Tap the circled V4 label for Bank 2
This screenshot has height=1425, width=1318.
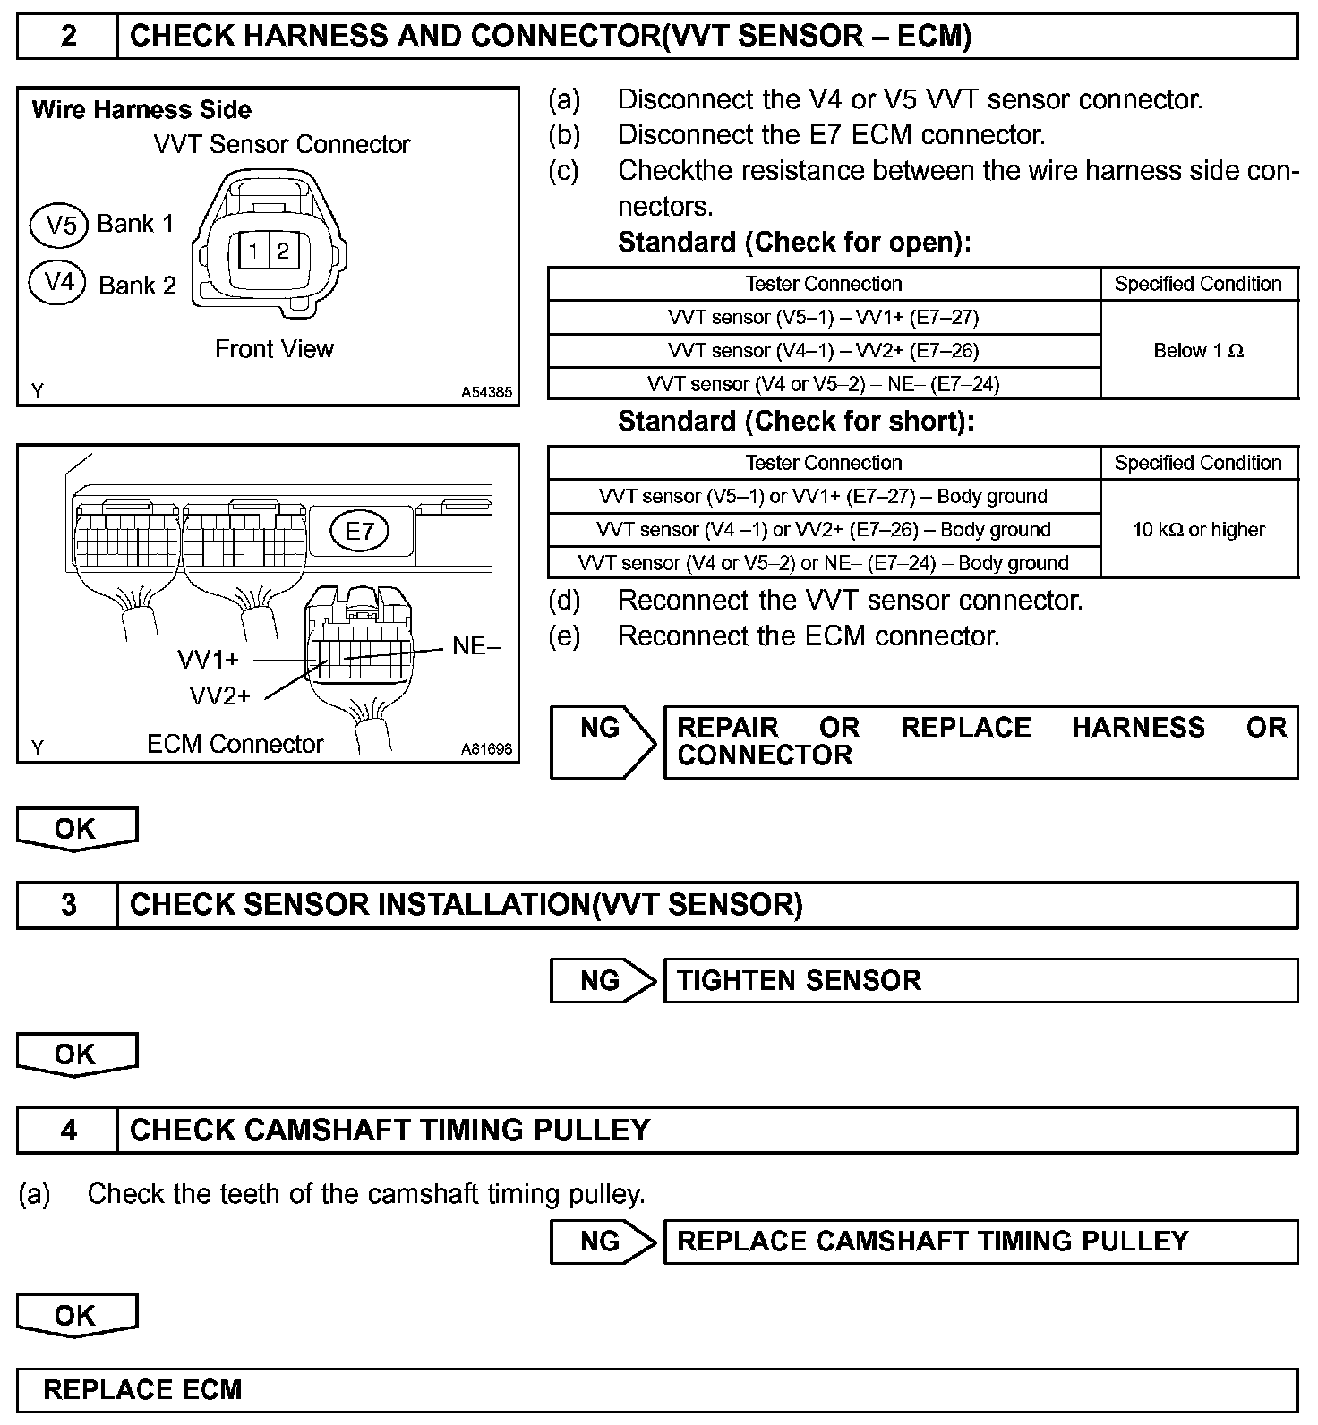point(58,283)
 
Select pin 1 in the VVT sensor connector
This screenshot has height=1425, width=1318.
point(254,251)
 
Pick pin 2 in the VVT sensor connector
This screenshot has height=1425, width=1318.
point(283,251)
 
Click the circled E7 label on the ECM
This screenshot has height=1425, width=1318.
point(359,532)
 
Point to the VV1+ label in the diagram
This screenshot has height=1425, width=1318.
point(209,661)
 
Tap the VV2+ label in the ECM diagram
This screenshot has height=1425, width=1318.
point(220,695)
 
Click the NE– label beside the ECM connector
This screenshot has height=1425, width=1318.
point(476,646)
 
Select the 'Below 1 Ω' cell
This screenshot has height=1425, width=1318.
point(1198,351)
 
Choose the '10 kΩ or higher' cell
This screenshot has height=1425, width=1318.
point(1198,530)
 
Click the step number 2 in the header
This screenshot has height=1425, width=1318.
point(68,37)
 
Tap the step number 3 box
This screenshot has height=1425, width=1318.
point(68,905)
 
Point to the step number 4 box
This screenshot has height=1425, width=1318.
point(68,1131)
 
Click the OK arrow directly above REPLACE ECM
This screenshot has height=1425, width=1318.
point(76,1316)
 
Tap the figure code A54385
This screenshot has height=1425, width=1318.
point(486,392)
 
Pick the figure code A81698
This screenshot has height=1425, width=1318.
point(486,748)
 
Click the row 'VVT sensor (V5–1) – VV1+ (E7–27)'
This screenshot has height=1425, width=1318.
point(823,318)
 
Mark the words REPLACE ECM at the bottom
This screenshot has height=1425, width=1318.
point(143,1390)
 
